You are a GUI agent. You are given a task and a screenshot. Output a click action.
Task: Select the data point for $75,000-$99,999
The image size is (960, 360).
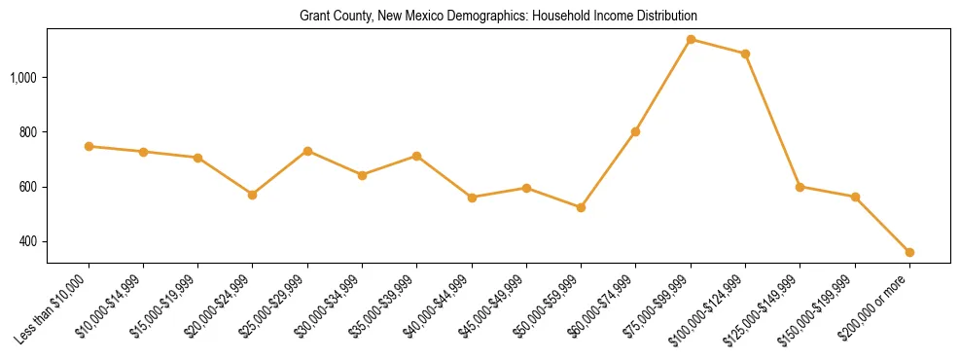[691, 40]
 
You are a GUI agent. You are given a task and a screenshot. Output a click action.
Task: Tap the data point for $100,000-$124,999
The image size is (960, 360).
[745, 54]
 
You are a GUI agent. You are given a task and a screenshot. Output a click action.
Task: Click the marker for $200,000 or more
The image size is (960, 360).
[909, 252]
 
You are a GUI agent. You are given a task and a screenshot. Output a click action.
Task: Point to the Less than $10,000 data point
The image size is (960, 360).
[89, 146]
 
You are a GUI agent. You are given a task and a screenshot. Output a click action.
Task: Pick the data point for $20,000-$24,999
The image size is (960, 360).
[253, 195]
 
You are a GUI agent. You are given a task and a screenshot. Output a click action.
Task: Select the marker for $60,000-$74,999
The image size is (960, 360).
[635, 131]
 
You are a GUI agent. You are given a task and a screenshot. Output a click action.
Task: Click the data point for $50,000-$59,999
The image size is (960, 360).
[581, 207]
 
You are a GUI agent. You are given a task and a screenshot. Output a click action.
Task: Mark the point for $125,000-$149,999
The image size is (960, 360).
[800, 187]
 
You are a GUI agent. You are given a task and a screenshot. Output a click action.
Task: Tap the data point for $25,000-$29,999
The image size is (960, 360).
[307, 151]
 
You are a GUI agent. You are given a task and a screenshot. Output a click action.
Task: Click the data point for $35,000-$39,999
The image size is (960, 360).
[416, 156]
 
